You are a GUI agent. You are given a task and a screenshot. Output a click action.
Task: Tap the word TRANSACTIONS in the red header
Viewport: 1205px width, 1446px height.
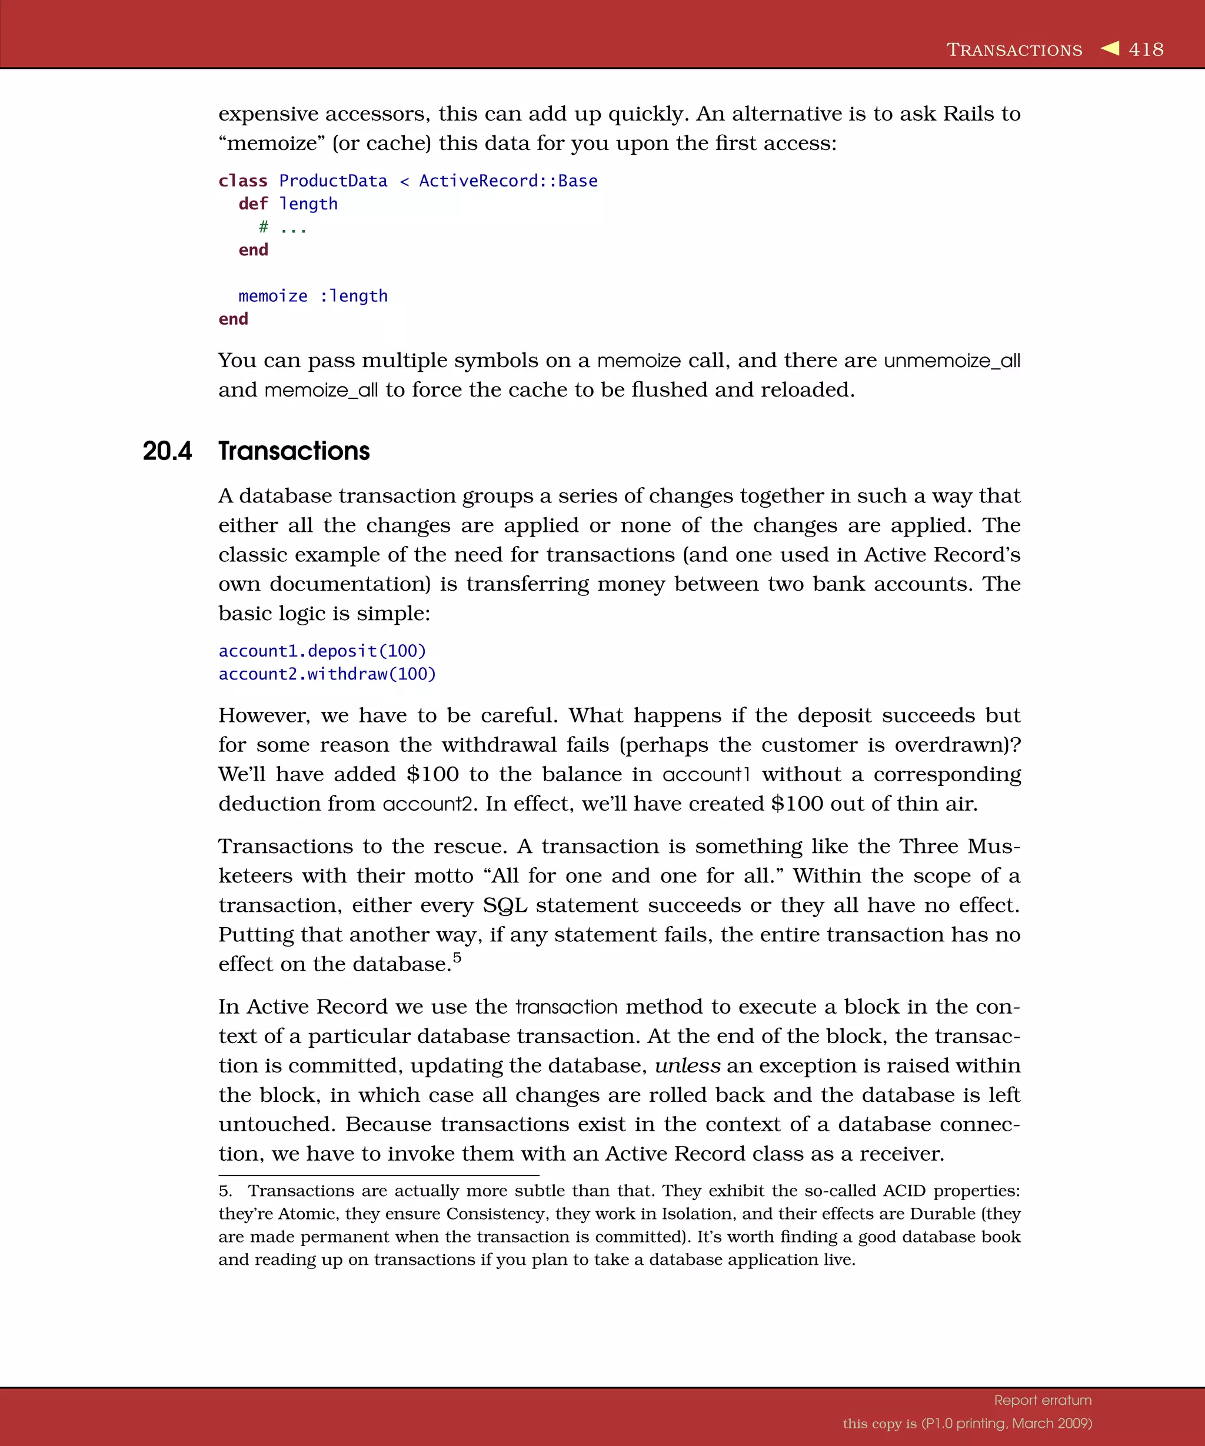click(1014, 50)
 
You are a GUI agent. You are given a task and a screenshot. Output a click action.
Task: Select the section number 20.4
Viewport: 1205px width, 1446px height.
click(167, 451)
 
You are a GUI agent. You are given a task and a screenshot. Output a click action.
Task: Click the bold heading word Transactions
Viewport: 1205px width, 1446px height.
click(294, 451)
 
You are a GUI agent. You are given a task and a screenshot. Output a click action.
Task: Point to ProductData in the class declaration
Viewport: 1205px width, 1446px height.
click(333, 181)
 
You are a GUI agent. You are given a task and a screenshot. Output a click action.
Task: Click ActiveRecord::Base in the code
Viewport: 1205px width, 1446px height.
click(508, 181)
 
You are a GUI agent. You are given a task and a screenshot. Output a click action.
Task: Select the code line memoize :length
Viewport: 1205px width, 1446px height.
click(312, 296)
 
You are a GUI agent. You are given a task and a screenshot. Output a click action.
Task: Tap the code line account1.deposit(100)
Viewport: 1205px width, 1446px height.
click(322, 651)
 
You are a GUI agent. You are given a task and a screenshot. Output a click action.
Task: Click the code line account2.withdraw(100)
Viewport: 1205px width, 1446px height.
click(327, 674)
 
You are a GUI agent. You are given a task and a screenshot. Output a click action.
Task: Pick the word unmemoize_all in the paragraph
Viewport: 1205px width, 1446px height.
click(951, 361)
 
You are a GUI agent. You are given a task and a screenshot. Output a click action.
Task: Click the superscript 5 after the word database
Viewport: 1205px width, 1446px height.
click(457, 957)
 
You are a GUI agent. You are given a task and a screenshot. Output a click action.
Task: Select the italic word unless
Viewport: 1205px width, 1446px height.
click(687, 1066)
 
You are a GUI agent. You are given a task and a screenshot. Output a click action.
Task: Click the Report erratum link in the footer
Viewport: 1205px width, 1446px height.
click(1043, 1400)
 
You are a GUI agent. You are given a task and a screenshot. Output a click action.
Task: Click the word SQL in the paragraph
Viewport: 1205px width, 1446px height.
click(505, 905)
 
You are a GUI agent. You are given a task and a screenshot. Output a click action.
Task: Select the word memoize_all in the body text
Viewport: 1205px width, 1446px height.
click(321, 391)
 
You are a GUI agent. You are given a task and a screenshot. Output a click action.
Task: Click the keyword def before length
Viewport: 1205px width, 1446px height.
click(252, 204)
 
